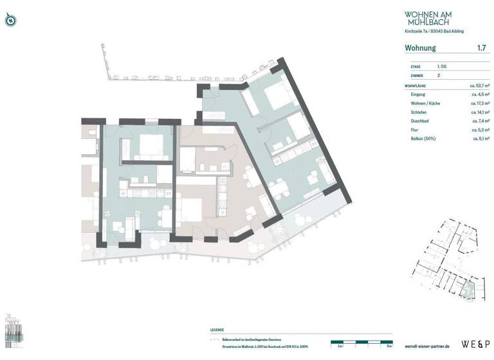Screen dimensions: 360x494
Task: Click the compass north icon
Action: pyautogui.click(x=10, y=20)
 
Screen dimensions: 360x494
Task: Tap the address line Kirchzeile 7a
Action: pyautogui.click(x=434, y=31)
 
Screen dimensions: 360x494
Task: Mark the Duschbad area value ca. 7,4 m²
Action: pyautogui.click(x=479, y=121)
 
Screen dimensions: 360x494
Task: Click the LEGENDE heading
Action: pyautogui.click(x=217, y=330)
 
